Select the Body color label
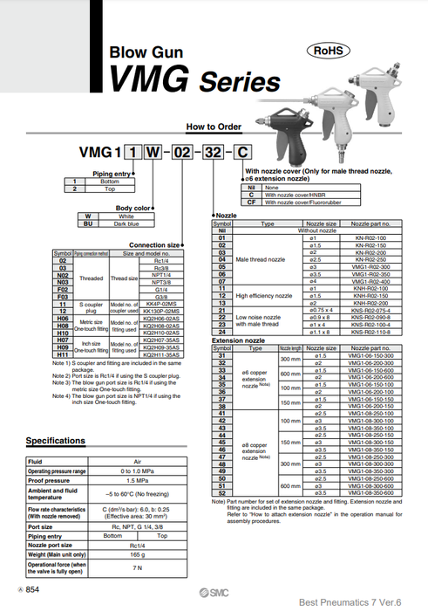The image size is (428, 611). click(134, 208)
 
